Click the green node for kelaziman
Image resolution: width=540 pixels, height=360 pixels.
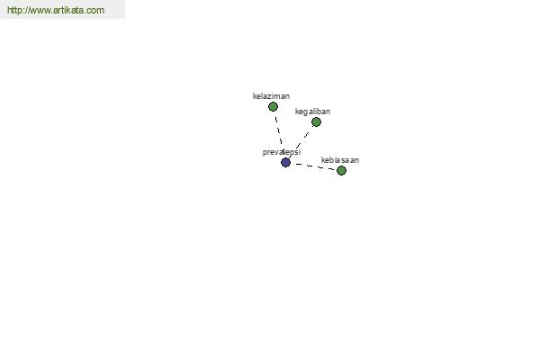(273, 107)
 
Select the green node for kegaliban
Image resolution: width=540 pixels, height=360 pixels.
(316, 122)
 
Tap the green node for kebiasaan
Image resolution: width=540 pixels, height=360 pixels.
(341, 170)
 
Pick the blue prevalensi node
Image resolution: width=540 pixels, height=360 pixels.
(285, 162)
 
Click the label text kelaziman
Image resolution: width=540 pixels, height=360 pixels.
(271, 96)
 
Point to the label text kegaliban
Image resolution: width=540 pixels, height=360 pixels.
(312, 112)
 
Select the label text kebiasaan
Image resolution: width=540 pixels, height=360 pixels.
(340, 160)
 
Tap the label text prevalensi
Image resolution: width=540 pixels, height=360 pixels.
(282, 152)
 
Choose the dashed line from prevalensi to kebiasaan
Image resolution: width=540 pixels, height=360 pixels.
(313, 166)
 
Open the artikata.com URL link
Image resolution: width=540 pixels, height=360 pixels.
(56, 10)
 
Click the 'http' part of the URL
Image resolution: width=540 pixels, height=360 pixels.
(13, 10)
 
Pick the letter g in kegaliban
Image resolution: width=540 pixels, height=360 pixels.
(305, 112)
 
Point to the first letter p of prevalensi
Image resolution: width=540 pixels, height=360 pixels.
(265, 153)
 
